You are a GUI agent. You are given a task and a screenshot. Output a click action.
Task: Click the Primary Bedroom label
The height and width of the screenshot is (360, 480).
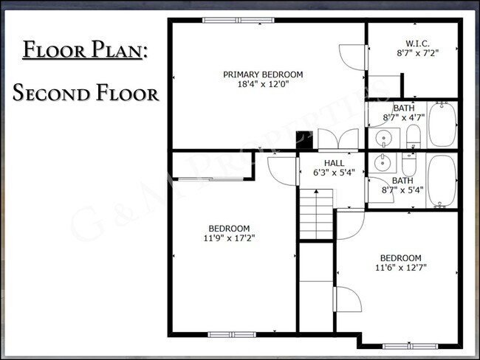tap(263, 75)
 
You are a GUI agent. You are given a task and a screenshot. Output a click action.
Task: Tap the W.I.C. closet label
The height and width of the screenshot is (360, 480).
tap(417, 44)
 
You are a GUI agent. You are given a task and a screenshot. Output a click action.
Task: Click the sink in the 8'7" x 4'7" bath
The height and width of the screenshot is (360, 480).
tap(383, 138)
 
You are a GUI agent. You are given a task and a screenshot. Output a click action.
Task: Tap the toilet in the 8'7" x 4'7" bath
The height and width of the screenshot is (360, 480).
tap(413, 136)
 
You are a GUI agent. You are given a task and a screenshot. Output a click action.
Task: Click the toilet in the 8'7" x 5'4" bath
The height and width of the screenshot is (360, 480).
tap(408, 163)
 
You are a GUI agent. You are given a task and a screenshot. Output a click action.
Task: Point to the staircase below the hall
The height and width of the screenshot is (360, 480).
tap(315, 213)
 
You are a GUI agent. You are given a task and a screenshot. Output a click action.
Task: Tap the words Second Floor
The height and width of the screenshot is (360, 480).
tap(85, 94)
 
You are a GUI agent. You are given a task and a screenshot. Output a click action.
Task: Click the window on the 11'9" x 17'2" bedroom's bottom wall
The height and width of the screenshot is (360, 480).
tap(231, 334)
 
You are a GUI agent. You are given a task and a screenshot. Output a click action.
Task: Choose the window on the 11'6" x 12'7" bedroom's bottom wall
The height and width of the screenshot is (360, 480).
tap(410, 345)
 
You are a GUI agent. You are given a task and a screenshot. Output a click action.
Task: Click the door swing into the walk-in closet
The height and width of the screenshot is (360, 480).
tap(352, 58)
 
